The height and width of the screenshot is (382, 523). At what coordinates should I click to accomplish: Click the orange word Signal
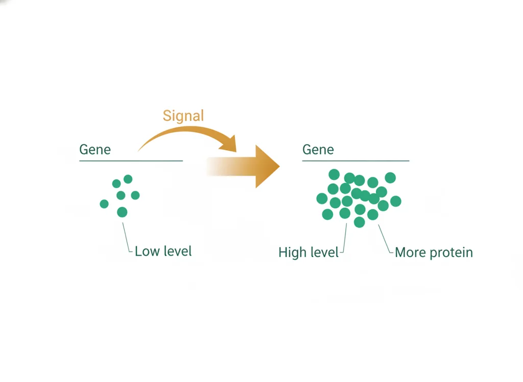tap(183, 116)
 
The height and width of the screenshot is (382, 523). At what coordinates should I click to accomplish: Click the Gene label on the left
tap(95, 150)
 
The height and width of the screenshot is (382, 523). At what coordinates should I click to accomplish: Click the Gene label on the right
tap(318, 150)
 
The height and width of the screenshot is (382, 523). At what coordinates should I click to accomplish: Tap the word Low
tap(147, 251)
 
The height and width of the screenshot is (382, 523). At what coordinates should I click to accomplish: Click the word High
tap(292, 253)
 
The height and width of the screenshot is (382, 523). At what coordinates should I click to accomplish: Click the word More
tap(410, 253)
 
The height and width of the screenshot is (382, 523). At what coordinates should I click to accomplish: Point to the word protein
tap(451, 253)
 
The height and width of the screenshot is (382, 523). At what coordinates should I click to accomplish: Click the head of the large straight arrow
tap(267, 166)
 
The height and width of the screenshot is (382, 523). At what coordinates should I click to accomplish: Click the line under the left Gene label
tap(131, 161)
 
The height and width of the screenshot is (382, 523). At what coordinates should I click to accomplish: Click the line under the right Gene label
tap(355, 161)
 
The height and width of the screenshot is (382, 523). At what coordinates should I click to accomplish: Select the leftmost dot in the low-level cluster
tap(104, 204)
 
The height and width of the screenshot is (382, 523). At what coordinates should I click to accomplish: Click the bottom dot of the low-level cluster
tap(122, 212)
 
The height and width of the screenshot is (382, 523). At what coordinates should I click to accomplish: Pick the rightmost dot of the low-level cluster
tap(135, 195)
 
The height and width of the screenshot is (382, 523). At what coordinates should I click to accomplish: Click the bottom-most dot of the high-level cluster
tap(359, 222)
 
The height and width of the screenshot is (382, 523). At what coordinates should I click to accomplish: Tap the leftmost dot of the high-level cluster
tap(322, 198)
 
